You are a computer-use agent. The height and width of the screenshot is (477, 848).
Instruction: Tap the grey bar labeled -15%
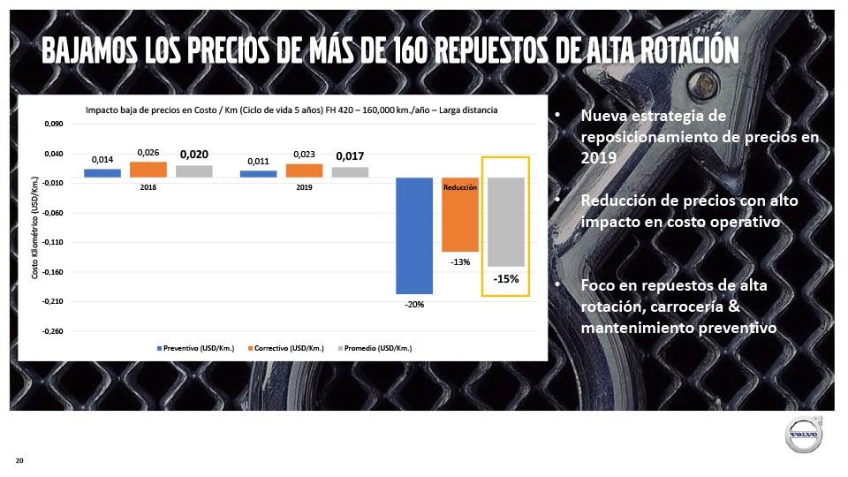coord(506,222)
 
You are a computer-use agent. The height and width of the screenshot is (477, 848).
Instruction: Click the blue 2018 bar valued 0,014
coord(102,173)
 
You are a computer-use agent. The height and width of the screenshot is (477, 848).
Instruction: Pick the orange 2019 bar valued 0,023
coord(304,170)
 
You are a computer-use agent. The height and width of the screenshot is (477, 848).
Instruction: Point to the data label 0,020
coord(194,155)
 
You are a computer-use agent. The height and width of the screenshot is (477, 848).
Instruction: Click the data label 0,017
coord(350,156)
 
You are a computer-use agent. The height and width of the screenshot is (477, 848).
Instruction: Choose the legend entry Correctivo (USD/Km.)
coord(286,349)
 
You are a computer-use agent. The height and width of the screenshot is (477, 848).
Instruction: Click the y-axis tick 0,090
coord(53,125)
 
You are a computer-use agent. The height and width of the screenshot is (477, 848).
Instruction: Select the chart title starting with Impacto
coord(291,110)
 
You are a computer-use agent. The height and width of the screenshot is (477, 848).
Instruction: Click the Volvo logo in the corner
coord(804,436)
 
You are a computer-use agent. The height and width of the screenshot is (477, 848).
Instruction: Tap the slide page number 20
coord(19,461)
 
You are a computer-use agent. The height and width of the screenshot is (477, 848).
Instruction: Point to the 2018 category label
coord(148,187)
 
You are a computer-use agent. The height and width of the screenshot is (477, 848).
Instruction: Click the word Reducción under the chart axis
coord(460,187)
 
